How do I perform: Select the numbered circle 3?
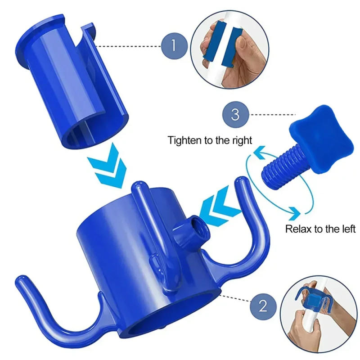(235, 114)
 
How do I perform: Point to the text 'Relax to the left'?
(320, 229)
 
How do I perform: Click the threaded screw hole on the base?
(197, 224)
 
